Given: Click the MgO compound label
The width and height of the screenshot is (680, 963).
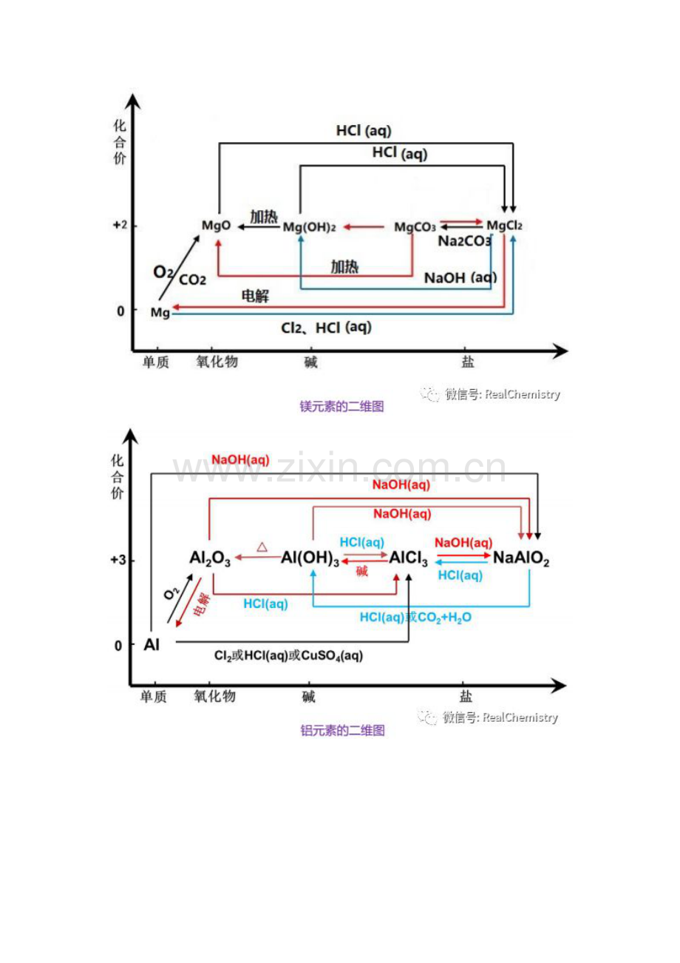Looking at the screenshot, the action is click(x=216, y=226).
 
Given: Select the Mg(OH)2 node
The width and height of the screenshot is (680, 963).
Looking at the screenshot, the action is click(x=309, y=227).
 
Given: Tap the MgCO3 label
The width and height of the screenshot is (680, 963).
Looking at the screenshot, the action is click(x=415, y=226).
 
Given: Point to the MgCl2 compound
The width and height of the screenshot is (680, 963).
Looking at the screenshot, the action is click(x=504, y=226).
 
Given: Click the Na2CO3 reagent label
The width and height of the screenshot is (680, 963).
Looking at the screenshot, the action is click(x=464, y=241).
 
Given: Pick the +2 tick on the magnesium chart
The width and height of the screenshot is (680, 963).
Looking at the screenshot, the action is click(x=120, y=225).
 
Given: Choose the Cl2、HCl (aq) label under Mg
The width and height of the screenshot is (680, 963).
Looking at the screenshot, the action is click(x=326, y=328).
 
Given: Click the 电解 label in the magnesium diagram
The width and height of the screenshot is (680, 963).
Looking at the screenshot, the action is click(x=255, y=296).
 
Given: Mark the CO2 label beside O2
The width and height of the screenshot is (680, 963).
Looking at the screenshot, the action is click(x=192, y=280).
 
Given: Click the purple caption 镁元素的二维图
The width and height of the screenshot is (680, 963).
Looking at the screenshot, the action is click(x=342, y=406).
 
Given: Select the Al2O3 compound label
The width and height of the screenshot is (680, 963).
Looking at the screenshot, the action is click(x=210, y=558).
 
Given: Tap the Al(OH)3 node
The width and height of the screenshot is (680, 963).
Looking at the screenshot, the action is click(x=310, y=558).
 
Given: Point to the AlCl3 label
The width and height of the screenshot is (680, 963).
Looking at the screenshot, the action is click(x=408, y=558).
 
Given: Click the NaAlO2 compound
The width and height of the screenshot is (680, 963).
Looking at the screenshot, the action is click(x=521, y=558).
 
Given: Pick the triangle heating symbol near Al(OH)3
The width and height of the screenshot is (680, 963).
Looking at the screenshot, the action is click(x=262, y=547).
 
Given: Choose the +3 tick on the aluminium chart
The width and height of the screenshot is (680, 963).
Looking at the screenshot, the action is click(x=118, y=560).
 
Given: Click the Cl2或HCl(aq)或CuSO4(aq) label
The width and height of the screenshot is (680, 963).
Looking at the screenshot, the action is click(x=289, y=655).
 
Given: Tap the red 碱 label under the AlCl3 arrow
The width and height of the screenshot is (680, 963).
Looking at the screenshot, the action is click(x=361, y=571).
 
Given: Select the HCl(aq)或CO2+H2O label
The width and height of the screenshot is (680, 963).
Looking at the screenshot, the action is click(x=415, y=618).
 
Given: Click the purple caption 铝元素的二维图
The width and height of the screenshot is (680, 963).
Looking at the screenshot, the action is click(x=342, y=730).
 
